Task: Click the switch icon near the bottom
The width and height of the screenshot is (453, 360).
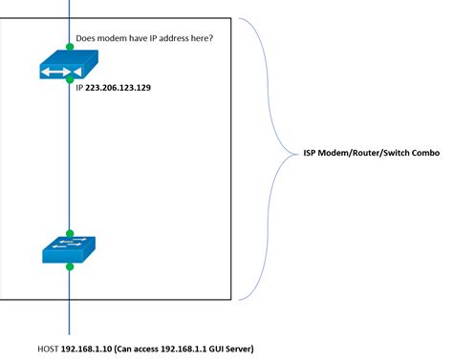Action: pos(70,250)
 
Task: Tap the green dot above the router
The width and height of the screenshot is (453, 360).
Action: pos(70,45)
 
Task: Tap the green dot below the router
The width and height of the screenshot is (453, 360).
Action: pos(70,81)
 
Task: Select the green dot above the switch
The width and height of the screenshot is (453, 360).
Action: pos(70,233)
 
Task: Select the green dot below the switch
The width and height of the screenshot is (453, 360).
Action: pos(70,267)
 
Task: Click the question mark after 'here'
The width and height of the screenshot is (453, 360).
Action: pos(211,39)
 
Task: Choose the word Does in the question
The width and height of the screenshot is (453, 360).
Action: pos(86,39)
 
